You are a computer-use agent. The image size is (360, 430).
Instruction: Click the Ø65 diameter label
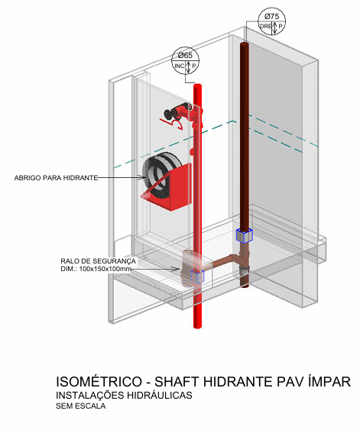click(x=185, y=56)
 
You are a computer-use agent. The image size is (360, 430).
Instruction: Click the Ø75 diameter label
click(x=271, y=17)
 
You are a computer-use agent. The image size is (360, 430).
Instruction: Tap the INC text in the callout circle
click(x=180, y=66)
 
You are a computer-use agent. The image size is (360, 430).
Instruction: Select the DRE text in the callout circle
click(x=266, y=26)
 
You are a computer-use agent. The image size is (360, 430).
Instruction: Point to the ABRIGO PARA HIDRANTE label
click(x=56, y=178)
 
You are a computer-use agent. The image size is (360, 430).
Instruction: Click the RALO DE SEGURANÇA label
click(x=99, y=260)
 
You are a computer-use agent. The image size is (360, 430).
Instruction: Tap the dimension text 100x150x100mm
click(x=105, y=269)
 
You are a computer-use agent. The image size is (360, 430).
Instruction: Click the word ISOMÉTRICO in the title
click(x=99, y=381)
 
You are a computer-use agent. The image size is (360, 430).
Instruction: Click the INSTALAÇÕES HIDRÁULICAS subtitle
click(x=124, y=395)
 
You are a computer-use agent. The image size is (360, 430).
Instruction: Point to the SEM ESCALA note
click(x=81, y=406)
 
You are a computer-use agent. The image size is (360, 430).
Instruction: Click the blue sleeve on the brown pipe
click(x=245, y=235)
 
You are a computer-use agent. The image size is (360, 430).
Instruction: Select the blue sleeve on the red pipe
click(x=197, y=276)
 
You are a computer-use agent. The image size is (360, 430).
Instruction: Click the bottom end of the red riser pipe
click(x=197, y=326)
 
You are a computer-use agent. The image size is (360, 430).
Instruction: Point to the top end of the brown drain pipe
click(x=245, y=44)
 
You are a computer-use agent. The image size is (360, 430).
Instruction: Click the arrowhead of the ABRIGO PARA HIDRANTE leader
click(x=144, y=178)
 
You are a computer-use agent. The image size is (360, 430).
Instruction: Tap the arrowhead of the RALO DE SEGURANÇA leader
click(x=178, y=269)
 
